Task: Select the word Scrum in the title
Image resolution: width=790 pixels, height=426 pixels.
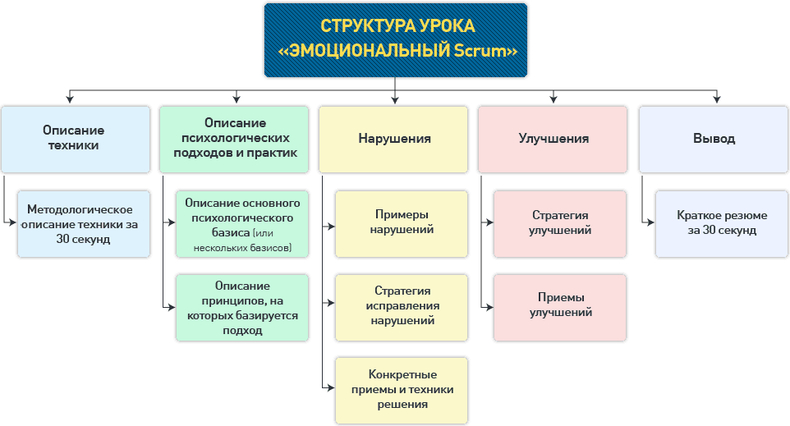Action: [x=483, y=51]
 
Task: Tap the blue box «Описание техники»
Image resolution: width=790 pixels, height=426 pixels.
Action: [x=73, y=138]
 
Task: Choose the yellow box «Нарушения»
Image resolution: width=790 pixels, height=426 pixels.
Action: [x=395, y=138]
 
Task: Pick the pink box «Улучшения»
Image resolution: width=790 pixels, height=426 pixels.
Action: [x=553, y=138]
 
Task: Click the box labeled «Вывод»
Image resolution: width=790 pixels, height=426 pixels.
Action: [x=714, y=138]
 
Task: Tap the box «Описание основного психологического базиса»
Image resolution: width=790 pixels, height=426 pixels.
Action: [x=242, y=224]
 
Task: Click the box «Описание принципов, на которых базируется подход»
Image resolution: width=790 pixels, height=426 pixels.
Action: [x=242, y=308]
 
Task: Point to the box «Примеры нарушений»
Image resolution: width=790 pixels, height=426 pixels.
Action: [x=401, y=224]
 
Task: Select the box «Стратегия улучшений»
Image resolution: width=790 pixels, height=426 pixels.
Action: [x=560, y=224]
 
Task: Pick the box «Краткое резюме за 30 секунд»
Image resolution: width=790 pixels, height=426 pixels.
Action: [x=722, y=224]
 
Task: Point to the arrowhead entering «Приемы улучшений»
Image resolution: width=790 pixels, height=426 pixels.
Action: [x=489, y=308]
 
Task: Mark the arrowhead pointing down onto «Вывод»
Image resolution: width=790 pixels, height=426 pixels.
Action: [x=717, y=99]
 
